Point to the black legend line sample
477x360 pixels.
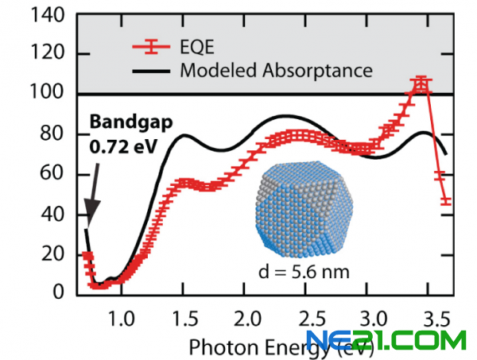(149, 71)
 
